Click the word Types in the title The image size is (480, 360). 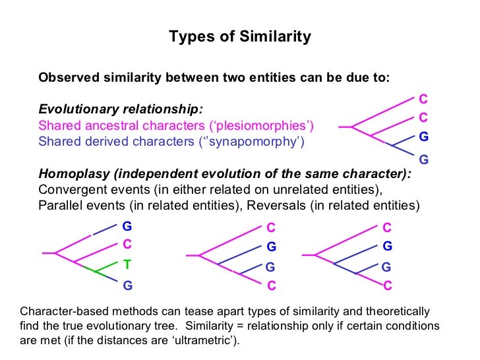click(188, 37)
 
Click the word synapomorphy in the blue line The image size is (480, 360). click(259, 141)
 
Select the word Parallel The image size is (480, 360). click(60, 205)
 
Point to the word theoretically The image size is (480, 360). click(395, 311)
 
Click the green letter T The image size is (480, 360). click(127, 264)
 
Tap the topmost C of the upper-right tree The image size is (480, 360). click(423, 100)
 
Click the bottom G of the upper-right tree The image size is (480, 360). click(423, 160)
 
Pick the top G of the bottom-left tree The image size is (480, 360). click(127, 224)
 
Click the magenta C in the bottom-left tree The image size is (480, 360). click(127, 244)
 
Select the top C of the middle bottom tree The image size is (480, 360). click(271, 227)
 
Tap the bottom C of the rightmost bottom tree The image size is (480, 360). click(388, 285)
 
